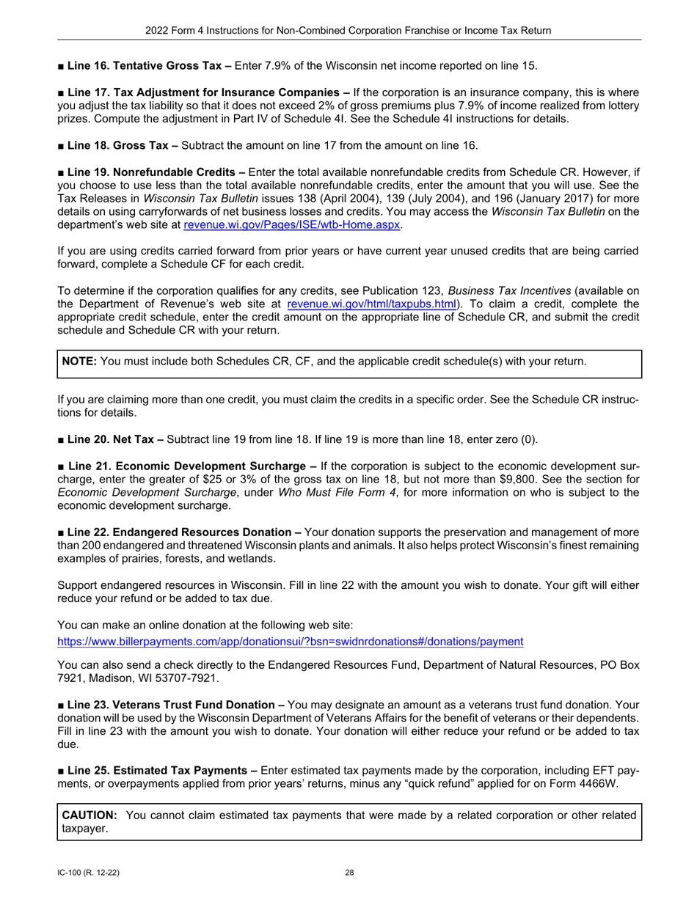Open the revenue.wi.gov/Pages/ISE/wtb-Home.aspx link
tap(291, 224)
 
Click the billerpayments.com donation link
tap(290, 642)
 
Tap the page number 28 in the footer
tap(349, 873)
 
